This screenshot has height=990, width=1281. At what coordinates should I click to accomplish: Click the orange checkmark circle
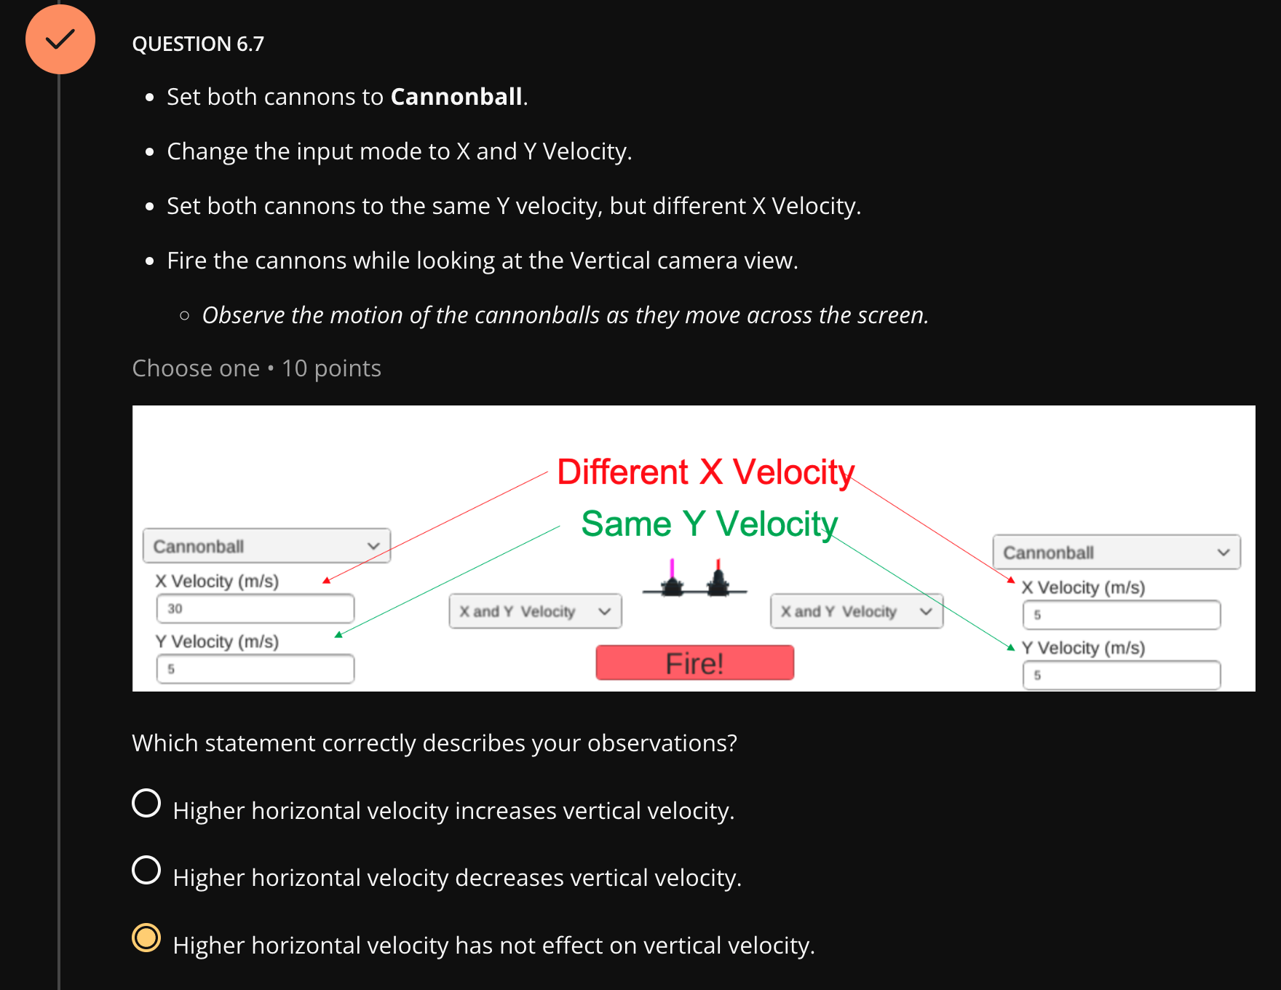(60, 39)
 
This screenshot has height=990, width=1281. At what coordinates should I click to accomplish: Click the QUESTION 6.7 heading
(198, 44)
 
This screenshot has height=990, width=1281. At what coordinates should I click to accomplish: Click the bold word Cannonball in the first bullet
(456, 97)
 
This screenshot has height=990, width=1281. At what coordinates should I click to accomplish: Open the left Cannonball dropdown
(267, 546)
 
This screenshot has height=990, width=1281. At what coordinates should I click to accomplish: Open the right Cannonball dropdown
(1117, 553)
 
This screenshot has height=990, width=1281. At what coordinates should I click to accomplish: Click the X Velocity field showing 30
(255, 609)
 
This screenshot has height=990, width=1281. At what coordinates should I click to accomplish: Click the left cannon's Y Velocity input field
(255, 669)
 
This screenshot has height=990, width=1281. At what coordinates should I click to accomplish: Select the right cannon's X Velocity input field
(1122, 615)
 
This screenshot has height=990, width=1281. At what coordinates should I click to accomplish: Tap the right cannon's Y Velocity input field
(1122, 676)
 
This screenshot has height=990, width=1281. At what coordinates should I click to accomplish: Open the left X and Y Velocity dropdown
(536, 611)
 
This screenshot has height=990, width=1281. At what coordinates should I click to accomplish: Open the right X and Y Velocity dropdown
(857, 611)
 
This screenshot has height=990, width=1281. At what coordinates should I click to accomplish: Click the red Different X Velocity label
(705, 472)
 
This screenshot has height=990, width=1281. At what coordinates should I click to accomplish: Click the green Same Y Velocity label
(710, 524)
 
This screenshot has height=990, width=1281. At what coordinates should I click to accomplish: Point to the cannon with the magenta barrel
(673, 579)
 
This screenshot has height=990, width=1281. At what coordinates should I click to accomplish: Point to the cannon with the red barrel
(718, 579)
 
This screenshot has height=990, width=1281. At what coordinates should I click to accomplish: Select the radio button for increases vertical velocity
(146, 804)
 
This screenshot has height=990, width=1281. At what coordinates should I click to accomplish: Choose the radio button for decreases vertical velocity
(146, 871)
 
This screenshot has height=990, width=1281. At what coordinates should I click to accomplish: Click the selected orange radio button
(146, 938)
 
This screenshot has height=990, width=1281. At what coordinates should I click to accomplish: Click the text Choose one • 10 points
(257, 368)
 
